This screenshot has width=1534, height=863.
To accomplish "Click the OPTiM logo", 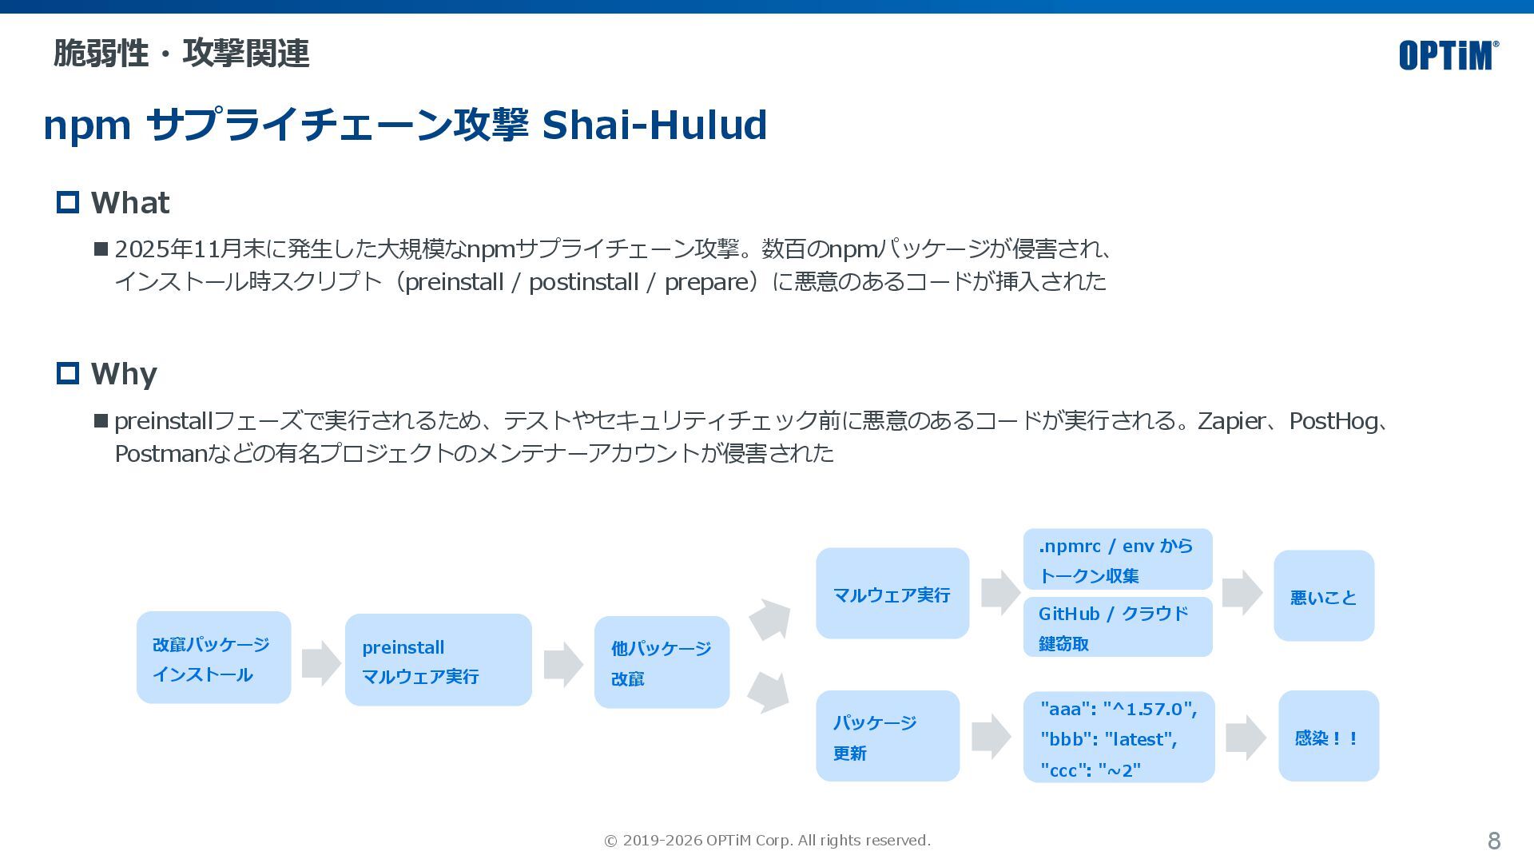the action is point(1448,55).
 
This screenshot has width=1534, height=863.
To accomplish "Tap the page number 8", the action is point(1493,841).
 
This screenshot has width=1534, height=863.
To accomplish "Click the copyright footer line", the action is point(767,841).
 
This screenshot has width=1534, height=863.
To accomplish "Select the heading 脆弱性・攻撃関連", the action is point(181,54).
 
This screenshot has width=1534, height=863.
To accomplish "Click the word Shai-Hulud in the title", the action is point(654,125).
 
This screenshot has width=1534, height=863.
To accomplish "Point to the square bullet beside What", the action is point(68,202).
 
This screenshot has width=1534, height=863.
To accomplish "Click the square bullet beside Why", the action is point(68,373).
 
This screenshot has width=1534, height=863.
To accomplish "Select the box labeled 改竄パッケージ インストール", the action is point(213,658).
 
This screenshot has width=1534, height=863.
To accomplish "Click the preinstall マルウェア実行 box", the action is point(438,660).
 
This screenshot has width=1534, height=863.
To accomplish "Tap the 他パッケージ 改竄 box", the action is point(662,662).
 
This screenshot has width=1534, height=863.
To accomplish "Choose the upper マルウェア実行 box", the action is point(892,593).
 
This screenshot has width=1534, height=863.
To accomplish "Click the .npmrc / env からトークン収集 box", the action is point(1117,559).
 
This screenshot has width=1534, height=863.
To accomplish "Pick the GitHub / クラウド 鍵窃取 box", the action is point(1117,627).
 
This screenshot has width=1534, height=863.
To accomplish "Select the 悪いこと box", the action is point(1323,596).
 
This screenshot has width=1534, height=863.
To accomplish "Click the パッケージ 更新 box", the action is point(887,736).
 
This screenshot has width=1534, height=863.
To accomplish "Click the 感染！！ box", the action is point(1328,736).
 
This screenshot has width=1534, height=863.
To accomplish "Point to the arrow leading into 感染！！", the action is point(1245,737).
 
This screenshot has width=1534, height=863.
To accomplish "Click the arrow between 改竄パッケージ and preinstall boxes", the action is point(321,662).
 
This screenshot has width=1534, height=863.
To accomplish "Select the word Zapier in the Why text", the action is point(1230,421).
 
